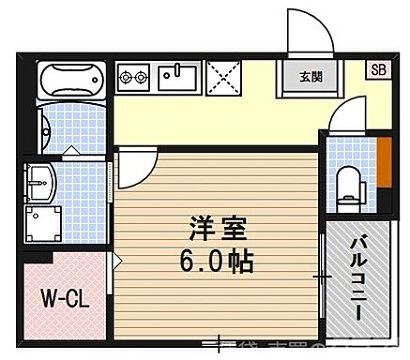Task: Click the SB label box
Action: coord(377,68)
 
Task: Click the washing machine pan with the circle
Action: coord(43,220)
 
